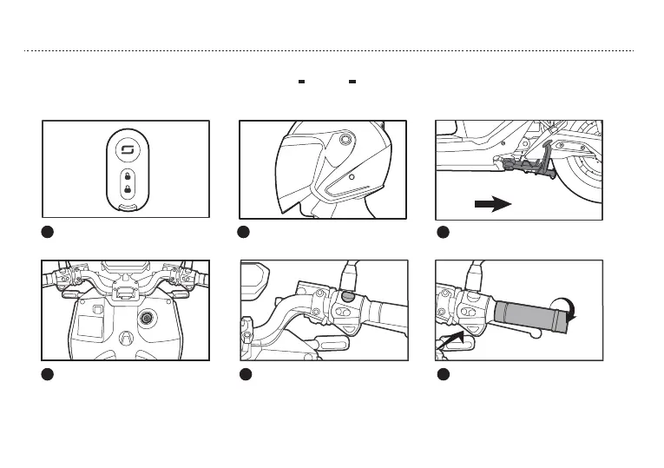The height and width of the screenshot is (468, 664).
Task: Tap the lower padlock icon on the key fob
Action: pyautogui.click(x=126, y=188)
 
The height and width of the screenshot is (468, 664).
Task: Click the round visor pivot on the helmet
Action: pyautogui.click(x=346, y=139)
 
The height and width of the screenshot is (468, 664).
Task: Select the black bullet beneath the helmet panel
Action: pyautogui.click(x=246, y=232)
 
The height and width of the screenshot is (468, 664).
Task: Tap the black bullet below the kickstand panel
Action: pyautogui.click(x=442, y=232)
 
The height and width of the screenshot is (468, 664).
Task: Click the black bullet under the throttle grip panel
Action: pyautogui.click(x=442, y=374)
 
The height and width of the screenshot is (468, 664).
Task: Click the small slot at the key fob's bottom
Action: pyautogui.click(x=126, y=206)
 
